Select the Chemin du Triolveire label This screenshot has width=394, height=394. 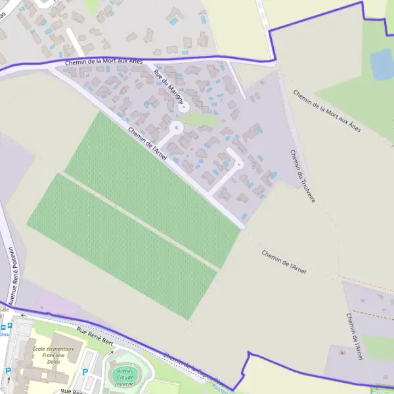(x=303, y=175)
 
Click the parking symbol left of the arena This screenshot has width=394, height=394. (x=85, y=372)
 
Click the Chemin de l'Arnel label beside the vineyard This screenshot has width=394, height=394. (x=148, y=143)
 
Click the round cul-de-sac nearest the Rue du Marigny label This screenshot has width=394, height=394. (x=185, y=106)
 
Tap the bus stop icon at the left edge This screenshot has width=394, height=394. (x=3, y=326)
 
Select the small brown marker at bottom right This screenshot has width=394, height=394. (x=341, y=353)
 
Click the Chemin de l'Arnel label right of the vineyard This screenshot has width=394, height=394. (x=284, y=260)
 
